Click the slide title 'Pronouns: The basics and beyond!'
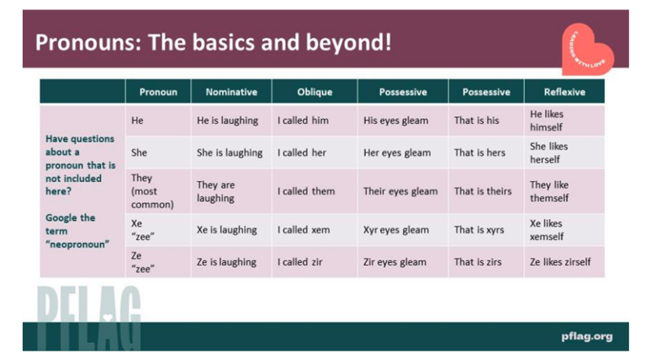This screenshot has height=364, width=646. tap(214, 42)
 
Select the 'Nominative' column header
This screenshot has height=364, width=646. tap(231, 92)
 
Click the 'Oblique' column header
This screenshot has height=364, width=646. tap(315, 92)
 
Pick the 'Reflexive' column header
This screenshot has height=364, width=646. tap(564, 92)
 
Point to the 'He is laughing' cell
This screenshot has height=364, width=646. tap(227, 120)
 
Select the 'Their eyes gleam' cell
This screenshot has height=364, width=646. tap(400, 191)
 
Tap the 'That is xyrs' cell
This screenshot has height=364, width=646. tap(479, 230)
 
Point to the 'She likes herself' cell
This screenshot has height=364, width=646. tap(548, 153)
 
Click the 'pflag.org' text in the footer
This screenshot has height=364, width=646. tap(587, 336)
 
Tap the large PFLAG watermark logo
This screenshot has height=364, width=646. tap(89, 316)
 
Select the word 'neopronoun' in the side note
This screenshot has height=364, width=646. tap(71, 245)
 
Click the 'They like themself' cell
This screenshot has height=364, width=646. tap(549, 191)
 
